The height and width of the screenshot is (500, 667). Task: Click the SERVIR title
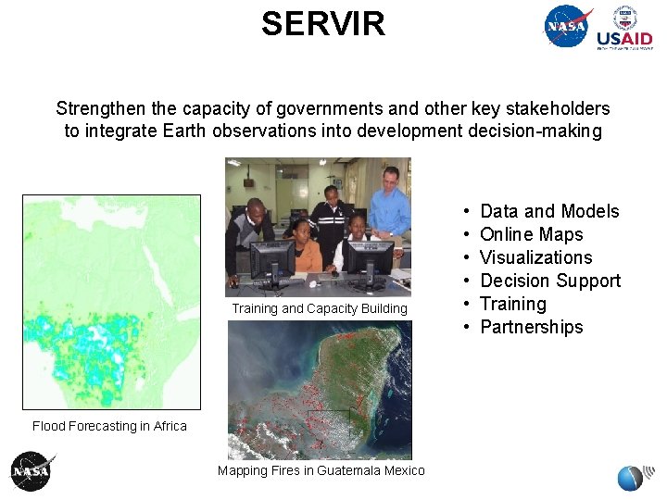coord(322,24)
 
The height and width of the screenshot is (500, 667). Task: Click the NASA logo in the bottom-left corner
coord(32,471)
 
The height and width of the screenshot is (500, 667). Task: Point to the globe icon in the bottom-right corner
coord(630,478)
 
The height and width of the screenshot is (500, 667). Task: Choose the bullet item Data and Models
coord(549,211)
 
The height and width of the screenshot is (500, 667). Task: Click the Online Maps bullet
coord(531,234)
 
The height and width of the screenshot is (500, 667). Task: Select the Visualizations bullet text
coord(535,257)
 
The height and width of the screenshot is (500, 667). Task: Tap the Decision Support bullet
coord(550,281)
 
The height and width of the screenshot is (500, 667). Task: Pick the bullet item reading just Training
coord(513,304)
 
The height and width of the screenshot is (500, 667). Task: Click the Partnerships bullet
coord(531,327)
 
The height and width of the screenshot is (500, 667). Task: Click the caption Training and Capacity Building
coord(320,308)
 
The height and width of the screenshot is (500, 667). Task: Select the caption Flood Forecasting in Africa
coord(109,426)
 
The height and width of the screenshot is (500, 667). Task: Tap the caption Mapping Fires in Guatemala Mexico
coord(321,470)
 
